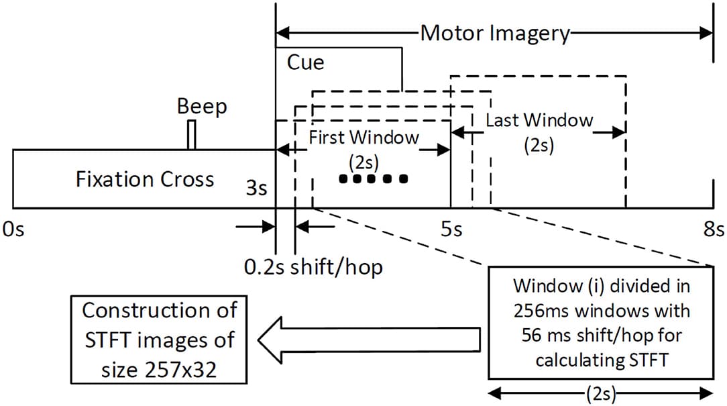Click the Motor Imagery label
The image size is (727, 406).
(x=495, y=33)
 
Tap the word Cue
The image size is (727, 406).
(x=306, y=62)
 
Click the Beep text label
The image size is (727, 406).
(x=202, y=106)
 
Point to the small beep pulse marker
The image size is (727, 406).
(x=192, y=135)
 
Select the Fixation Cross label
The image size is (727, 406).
(x=145, y=179)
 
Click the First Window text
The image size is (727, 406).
(x=363, y=138)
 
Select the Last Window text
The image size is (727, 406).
(x=539, y=121)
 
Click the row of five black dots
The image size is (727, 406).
(x=374, y=179)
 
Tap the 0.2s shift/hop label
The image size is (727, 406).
(x=313, y=267)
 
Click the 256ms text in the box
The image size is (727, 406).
(x=539, y=312)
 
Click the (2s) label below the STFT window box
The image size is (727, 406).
(x=600, y=394)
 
